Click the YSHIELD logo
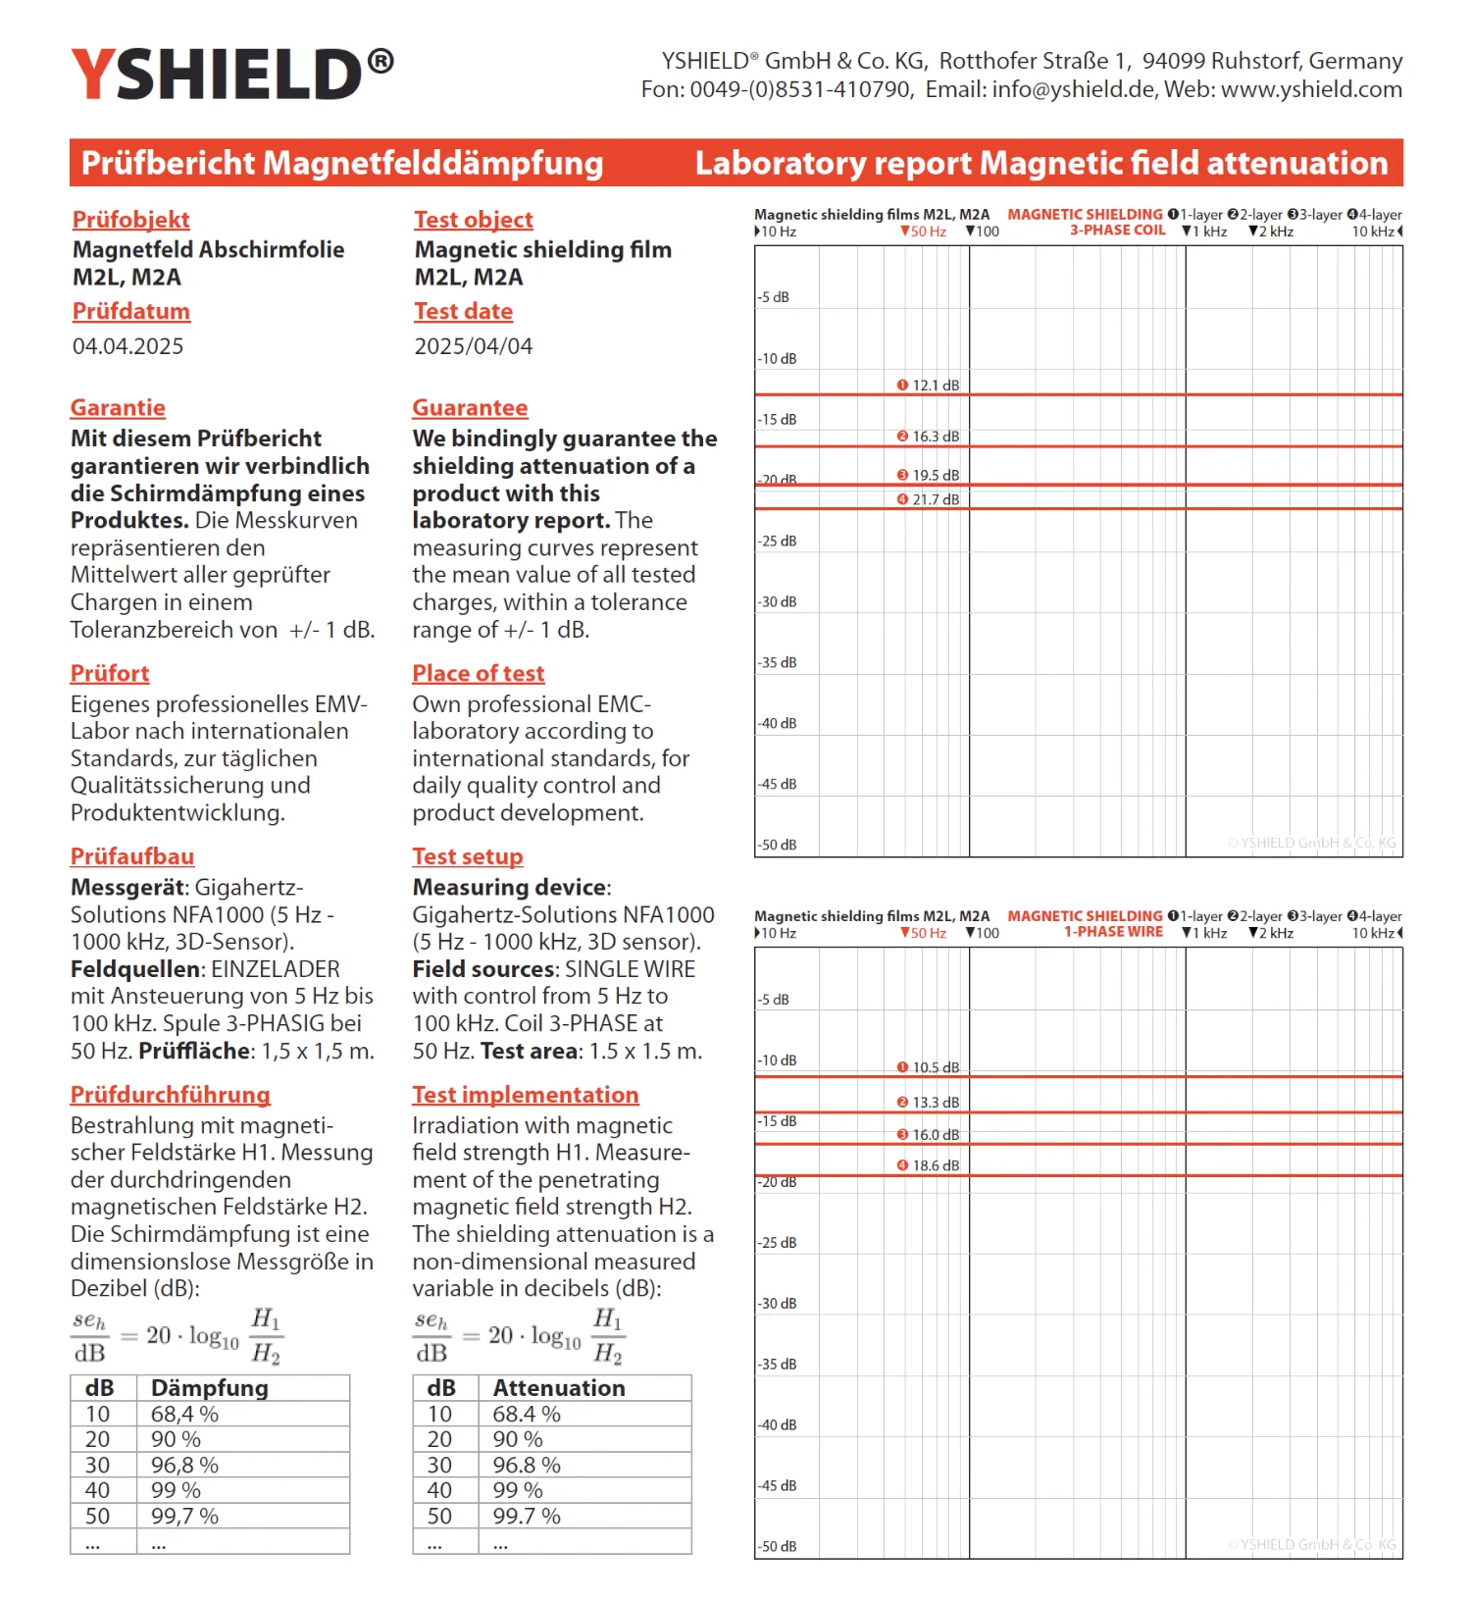click(231, 75)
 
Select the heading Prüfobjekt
click(130, 220)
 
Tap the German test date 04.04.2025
click(127, 346)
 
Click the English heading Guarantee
click(470, 408)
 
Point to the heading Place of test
click(478, 674)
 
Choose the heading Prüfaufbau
click(132, 856)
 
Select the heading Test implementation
click(525, 1095)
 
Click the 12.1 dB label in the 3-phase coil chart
click(935, 386)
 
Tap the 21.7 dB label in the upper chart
click(935, 499)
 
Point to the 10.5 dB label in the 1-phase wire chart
click(935, 1067)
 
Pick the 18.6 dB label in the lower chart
click(935, 1165)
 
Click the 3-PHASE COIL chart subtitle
click(1117, 231)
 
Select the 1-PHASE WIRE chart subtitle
click(1113, 932)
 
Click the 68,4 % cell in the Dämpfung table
click(184, 1415)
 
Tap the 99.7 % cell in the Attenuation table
click(527, 1517)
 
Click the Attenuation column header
click(559, 1388)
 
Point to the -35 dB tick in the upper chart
click(778, 663)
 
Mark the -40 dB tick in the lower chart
click(778, 1425)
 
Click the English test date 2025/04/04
click(473, 346)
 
